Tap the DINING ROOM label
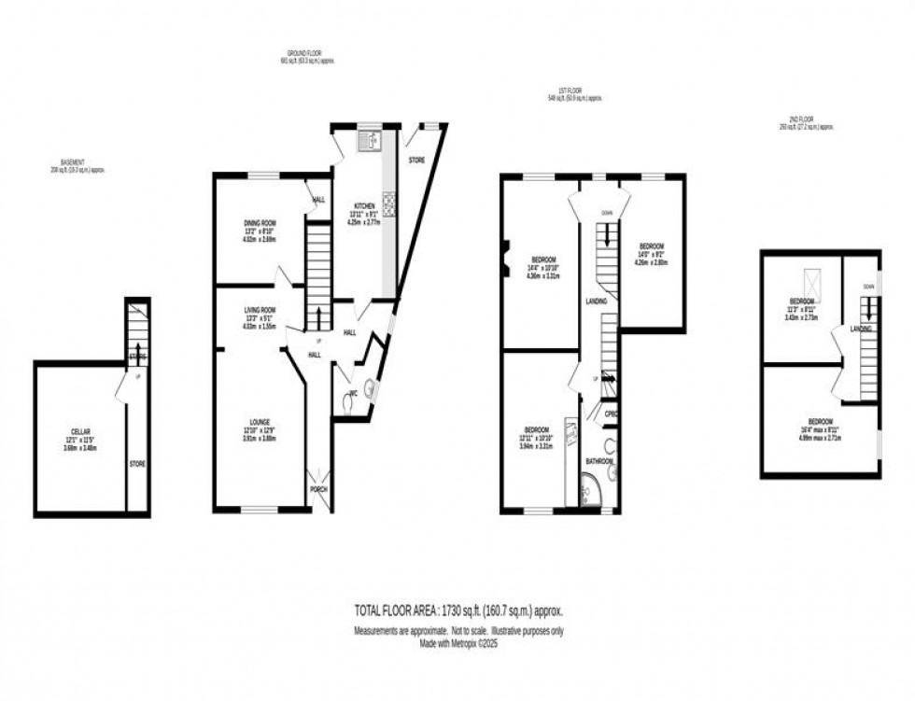pos(260,223)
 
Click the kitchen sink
pos(371,141)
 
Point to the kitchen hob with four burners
pos(387,203)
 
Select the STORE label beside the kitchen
pos(416,161)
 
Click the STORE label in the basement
pos(137,463)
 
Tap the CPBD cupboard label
pos(612,414)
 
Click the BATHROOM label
pos(599,461)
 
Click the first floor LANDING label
pos(597,301)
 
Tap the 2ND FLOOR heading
pos(805,123)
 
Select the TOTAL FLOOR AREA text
pos(457,610)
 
